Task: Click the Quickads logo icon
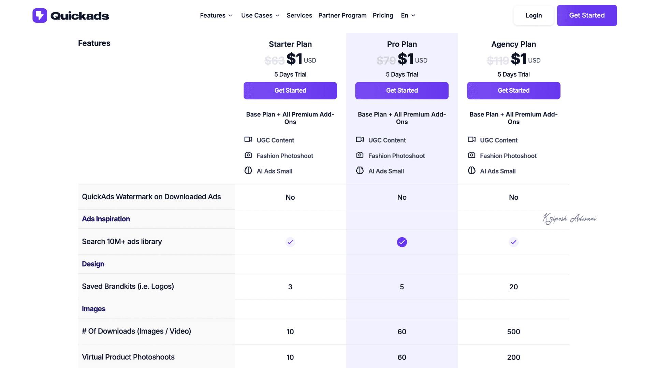[40, 16]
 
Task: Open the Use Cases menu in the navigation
[260, 15]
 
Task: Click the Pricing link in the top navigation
[383, 15]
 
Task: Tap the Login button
[534, 15]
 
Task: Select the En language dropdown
[408, 15]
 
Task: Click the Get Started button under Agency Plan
[513, 91]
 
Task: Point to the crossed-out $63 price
[274, 61]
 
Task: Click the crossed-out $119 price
[498, 61]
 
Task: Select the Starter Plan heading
[290, 44]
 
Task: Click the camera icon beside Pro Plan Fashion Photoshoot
[360, 155]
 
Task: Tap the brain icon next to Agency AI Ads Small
[471, 171]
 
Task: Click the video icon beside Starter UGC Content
[248, 140]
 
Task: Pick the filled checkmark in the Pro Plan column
[402, 242]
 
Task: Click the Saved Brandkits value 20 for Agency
[513, 287]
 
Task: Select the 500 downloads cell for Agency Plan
[513, 332]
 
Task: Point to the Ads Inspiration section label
[106, 219]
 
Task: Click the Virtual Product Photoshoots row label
[128, 357]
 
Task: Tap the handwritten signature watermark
[569, 218]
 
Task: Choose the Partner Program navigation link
[342, 15]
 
